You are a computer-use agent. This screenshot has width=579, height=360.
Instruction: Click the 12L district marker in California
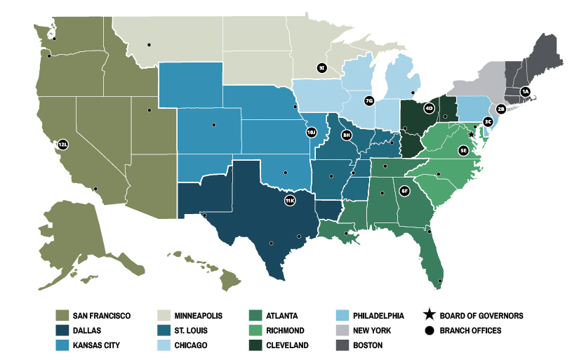(x=62, y=144)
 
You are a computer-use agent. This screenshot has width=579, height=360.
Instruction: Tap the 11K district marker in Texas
(x=289, y=201)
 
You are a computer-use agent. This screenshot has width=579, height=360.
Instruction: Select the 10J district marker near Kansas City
(x=312, y=132)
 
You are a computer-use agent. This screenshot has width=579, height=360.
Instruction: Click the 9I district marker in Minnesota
(x=321, y=68)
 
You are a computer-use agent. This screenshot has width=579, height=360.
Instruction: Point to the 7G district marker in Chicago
(x=369, y=100)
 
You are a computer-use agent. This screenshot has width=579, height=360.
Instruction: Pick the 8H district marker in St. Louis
(x=346, y=134)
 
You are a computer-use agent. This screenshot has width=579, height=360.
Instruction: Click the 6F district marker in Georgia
(x=404, y=191)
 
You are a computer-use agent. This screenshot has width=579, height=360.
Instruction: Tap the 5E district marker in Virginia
(x=463, y=150)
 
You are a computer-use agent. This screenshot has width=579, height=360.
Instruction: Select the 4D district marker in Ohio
(x=429, y=108)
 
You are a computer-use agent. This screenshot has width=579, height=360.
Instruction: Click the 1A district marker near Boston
(x=525, y=91)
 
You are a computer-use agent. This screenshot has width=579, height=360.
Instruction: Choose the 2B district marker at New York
(x=500, y=109)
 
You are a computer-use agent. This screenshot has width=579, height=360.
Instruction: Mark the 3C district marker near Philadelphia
(x=487, y=121)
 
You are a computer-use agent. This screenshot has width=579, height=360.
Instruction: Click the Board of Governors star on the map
(x=471, y=133)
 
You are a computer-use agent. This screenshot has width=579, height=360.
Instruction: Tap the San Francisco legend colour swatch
(x=62, y=316)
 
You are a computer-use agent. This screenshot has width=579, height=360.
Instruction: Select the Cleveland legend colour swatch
(x=255, y=345)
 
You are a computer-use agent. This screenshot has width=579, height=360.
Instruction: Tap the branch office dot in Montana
(x=149, y=45)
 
